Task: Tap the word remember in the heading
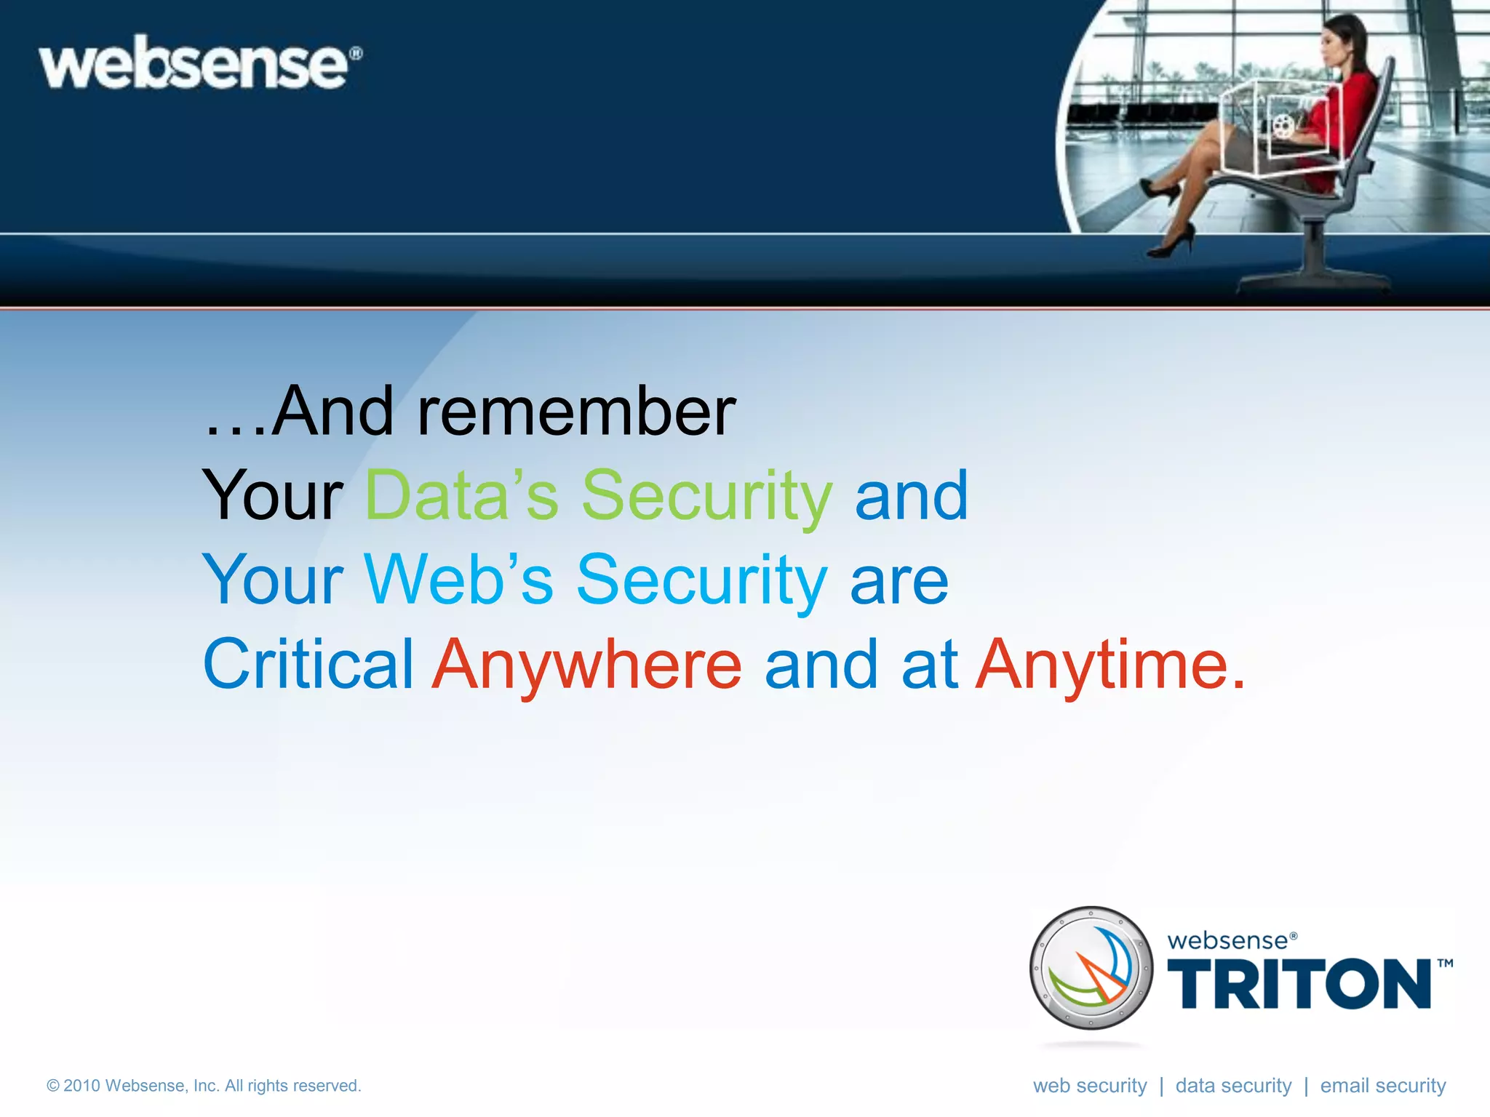click(576, 412)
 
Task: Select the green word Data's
click(461, 496)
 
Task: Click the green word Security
click(706, 496)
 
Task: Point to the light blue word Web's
click(458, 580)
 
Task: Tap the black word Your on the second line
click(272, 496)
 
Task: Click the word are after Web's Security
click(899, 580)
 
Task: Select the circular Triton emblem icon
click(1091, 968)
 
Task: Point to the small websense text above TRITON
click(1230, 941)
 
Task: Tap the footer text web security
click(1089, 1086)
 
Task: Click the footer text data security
click(1233, 1086)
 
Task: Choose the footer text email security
click(1382, 1086)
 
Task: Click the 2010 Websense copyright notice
click(204, 1086)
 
